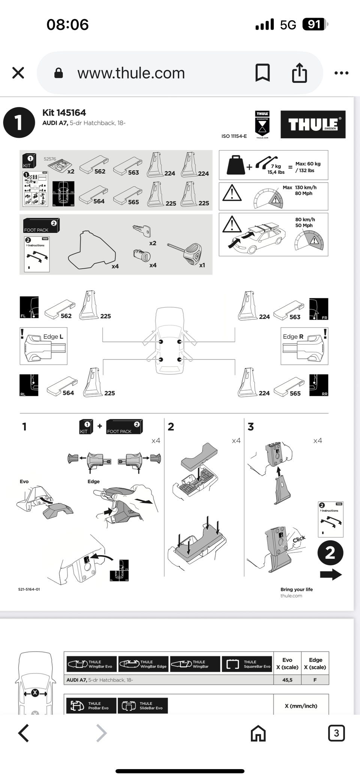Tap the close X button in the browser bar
[18, 73]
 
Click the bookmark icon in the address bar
[262, 72]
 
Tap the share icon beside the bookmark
[299, 72]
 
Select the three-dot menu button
[341, 73]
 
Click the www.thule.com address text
[131, 73]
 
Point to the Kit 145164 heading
[64, 112]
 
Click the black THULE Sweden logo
[313, 124]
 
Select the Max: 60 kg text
[308, 164]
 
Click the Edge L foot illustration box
[43, 346]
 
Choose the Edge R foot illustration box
[304, 346]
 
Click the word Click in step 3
[299, 539]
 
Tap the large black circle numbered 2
[330, 552]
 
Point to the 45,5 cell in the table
[287, 680]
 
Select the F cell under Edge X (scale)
[315, 680]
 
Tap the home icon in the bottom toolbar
[258, 733]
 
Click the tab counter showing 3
[336, 733]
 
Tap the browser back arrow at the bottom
[24, 733]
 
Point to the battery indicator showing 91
[314, 25]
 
